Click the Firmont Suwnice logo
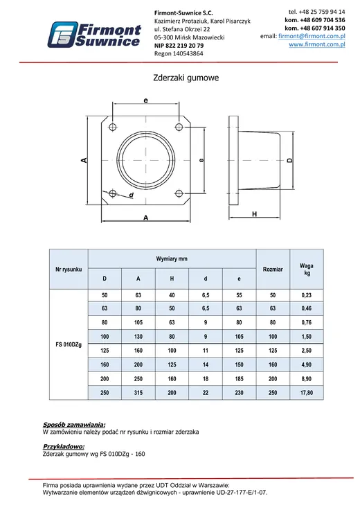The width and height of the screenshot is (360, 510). [x=94, y=35]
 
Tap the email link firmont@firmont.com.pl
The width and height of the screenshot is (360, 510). [x=312, y=36]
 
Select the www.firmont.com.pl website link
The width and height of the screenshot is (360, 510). [x=317, y=44]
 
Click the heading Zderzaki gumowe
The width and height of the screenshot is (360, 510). [x=186, y=78]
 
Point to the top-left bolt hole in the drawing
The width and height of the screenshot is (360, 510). [x=112, y=127]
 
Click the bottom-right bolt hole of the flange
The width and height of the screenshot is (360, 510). [x=179, y=194]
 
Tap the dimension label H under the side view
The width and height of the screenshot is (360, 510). [x=254, y=213]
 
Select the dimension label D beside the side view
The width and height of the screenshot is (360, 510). [x=290, y=160]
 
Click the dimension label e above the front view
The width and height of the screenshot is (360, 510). [x=146, y=100]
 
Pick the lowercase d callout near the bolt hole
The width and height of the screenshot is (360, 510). [x=132, y=195]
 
